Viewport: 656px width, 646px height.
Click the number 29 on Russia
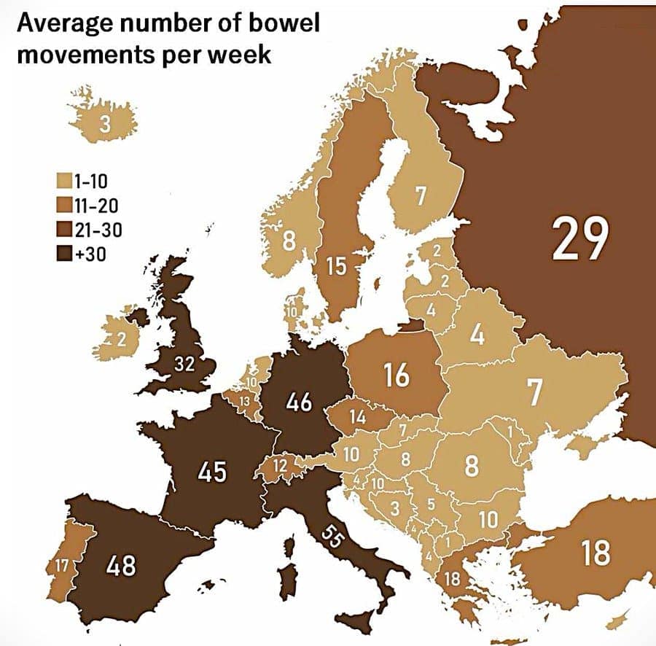(x=579, y=238)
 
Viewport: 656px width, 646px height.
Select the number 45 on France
(x=212, y=472)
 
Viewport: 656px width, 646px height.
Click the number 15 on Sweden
(x=336, y=266)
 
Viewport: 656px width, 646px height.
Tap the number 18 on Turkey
(x=596, y=552)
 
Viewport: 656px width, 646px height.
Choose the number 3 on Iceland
(x=105, y=125)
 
